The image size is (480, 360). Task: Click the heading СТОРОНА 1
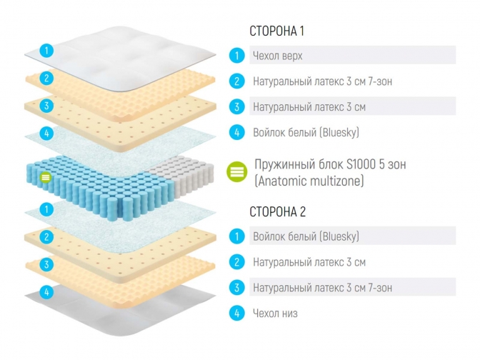point(277,31)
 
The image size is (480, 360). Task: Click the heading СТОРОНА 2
point(278,211)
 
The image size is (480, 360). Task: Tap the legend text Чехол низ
point(275,313)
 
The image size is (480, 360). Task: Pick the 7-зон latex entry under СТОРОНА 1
point(322,81)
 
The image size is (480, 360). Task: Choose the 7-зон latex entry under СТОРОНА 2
point(322,288)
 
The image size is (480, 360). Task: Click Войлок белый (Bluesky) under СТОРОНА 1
point(306,132)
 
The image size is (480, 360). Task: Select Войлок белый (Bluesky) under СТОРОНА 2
point(306,236)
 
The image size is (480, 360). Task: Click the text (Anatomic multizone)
point(309,181)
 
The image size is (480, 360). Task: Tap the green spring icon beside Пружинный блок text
point(236,172)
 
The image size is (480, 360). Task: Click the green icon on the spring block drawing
point(46,176)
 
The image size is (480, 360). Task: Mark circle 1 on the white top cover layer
point(46,50)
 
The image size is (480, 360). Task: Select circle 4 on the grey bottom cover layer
point(46,291)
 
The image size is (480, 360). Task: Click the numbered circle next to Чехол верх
point(236,55)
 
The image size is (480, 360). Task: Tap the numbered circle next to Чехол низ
point(236,313)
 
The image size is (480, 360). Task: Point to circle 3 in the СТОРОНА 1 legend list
point(236,107)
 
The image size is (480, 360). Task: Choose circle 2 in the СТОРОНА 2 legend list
point(236,262)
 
